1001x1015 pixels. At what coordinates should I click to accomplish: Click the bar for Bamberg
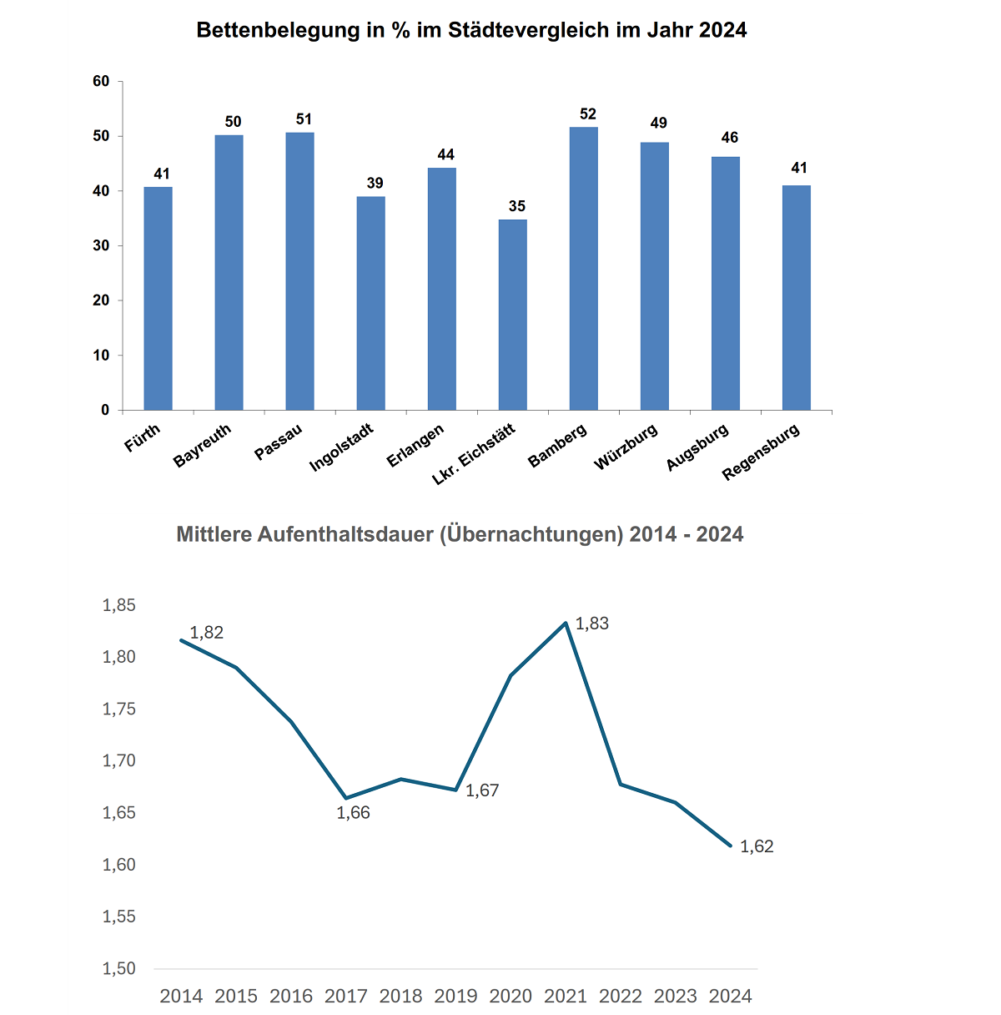point(584,268)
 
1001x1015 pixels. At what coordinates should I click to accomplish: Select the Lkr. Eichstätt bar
point(513,315)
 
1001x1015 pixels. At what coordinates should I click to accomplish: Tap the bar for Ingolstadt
point(371,303)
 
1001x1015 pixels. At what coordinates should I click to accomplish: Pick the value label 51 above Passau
point(304,119)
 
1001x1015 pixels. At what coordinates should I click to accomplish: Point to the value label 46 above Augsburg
point(730,138)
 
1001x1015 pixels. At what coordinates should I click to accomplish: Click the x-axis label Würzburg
point(626,447)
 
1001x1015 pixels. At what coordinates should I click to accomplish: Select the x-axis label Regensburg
point(762,452)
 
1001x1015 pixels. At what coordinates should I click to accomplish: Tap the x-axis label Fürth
point(143,438)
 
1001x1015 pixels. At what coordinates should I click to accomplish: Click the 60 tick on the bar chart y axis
point(102,81)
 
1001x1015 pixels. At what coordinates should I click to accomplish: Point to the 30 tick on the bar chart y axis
point(102,245)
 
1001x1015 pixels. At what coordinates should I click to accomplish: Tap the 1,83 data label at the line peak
point(592,624)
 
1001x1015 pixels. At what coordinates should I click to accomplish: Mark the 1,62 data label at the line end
point(757,846)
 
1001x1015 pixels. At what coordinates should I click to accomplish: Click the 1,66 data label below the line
point(353,813)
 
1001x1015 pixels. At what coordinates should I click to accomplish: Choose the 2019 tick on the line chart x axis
point(456,996)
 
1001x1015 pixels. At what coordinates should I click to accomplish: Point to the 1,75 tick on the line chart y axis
point(118,709)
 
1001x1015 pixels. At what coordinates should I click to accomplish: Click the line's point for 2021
point(566,623)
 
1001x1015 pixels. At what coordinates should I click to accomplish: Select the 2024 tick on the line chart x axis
point(731,996)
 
